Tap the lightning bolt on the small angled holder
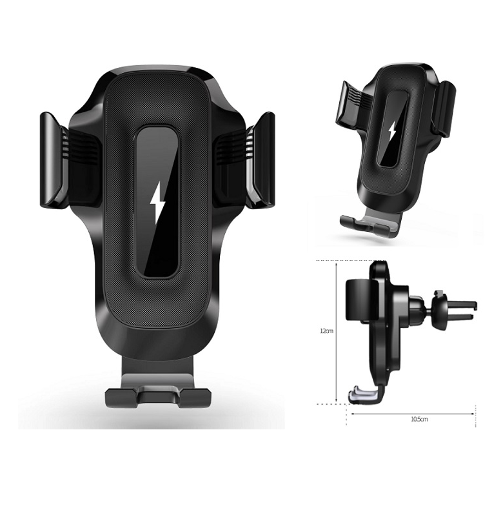coord(391,132)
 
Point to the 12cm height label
coord(327,331)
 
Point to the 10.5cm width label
coord(419,419)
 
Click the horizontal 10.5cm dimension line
coord(413,413)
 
